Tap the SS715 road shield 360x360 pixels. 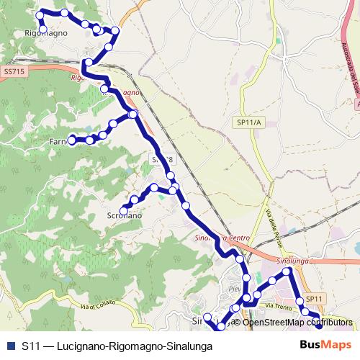14,72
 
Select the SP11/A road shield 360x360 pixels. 250,123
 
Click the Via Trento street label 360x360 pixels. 279,306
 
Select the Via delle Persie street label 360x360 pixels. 276,225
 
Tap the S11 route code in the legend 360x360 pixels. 31,346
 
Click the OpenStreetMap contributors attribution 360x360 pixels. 297,322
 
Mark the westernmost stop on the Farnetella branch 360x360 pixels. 72,140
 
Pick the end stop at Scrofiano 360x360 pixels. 124,209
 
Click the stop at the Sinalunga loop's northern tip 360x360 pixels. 287,271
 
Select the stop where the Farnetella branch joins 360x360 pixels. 132,114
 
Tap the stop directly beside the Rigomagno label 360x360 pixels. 43,30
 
